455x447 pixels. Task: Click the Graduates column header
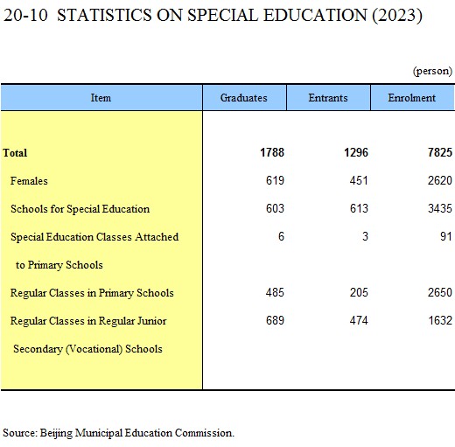243,98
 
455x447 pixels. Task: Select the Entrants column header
328,98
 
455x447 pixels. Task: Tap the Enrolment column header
411,98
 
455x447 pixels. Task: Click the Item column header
101,98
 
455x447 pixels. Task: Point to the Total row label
15,153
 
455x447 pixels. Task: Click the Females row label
29,181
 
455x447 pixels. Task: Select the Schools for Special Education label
80,209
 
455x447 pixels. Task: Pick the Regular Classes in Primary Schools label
92,293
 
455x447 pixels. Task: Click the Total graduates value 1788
272,152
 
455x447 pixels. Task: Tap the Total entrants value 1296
356,152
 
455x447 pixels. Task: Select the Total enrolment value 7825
440,152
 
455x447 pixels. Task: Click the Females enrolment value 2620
440,180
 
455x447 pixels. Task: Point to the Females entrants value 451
359,180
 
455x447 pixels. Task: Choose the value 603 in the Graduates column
275,208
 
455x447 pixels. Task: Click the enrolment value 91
446,236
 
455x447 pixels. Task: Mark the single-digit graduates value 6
281,236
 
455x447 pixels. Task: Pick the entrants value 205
359,292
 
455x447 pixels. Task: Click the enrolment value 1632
440,320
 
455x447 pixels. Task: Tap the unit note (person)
432,71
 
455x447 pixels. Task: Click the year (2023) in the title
397,15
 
